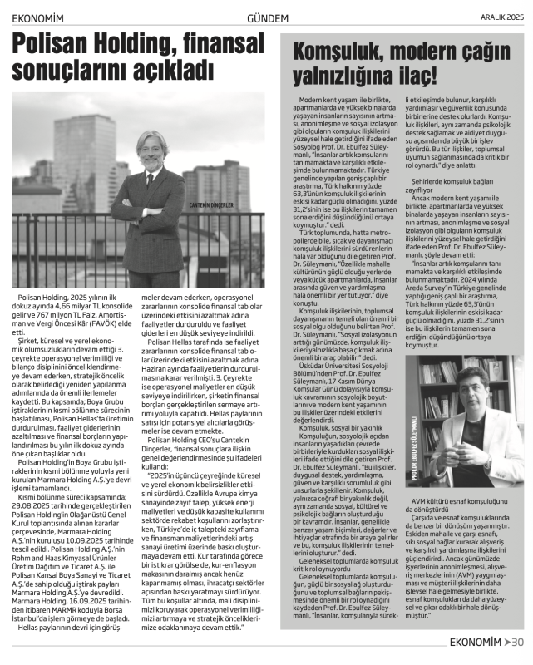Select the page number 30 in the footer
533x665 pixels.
(x=517, y=641)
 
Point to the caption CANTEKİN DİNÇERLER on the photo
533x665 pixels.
(x=210, y=204)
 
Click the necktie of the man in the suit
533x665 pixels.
(x=150, y=180)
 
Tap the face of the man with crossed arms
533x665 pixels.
(x=151, y=150)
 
